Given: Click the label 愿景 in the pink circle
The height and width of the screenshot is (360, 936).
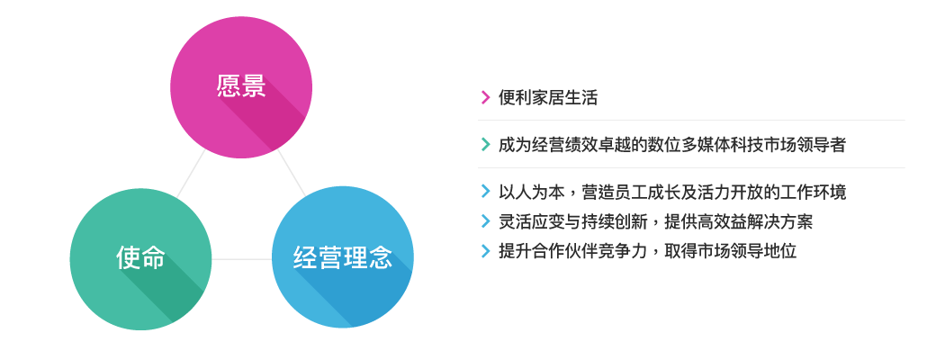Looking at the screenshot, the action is pyautogui.click(x=241, y=86).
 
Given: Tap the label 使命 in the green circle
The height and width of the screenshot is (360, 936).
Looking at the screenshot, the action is pyautogui.click(x=141, y=258).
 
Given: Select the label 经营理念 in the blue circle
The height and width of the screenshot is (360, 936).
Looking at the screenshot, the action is pyautogui.click(x=343, y=258).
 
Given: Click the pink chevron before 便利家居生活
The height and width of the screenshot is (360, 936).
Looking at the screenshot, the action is pyautogui.click(x=485, y=97).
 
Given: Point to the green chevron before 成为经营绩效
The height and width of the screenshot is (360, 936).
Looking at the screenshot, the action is pyautogui.click(x=485, y=145).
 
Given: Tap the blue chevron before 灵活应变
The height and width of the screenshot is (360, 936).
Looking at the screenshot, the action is pyautogui.click(x=485, y=221).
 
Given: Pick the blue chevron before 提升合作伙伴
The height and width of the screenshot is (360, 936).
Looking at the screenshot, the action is pyautogui.click(x=485, y=251).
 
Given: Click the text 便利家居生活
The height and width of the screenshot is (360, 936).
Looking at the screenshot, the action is pyautogui.click(x=548, y=97).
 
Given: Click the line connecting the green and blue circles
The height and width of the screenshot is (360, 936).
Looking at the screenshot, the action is pyautogui.click(x=242, y=259).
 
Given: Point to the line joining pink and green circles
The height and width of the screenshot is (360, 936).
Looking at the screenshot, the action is pyautogui.click(x=191, y=174).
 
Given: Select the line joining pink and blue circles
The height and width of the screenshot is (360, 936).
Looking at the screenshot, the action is pyautogui.click(x=292, y=173).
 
